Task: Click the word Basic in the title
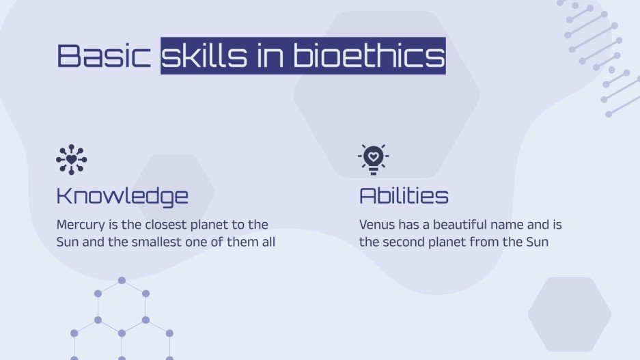pyautogui.click(x=103, y=56)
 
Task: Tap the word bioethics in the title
pyautogui.click(x=368, y=56)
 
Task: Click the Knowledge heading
pyautogui.click(x=122, y=197)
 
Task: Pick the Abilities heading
pyautogui.click(x=404, y=197)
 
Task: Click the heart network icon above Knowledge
pyautogui.click(x=71, y=159)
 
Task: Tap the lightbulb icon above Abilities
pyautogui.click(x=373, y=159)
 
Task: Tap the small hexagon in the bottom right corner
pyautogui.click(x=569, y=314)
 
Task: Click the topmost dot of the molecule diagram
pyautogui.click(x=122, y=280)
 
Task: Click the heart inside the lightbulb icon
pyautogui.click(x=373, y=156)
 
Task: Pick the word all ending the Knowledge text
pyautogui.click(x=267, y=242)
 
